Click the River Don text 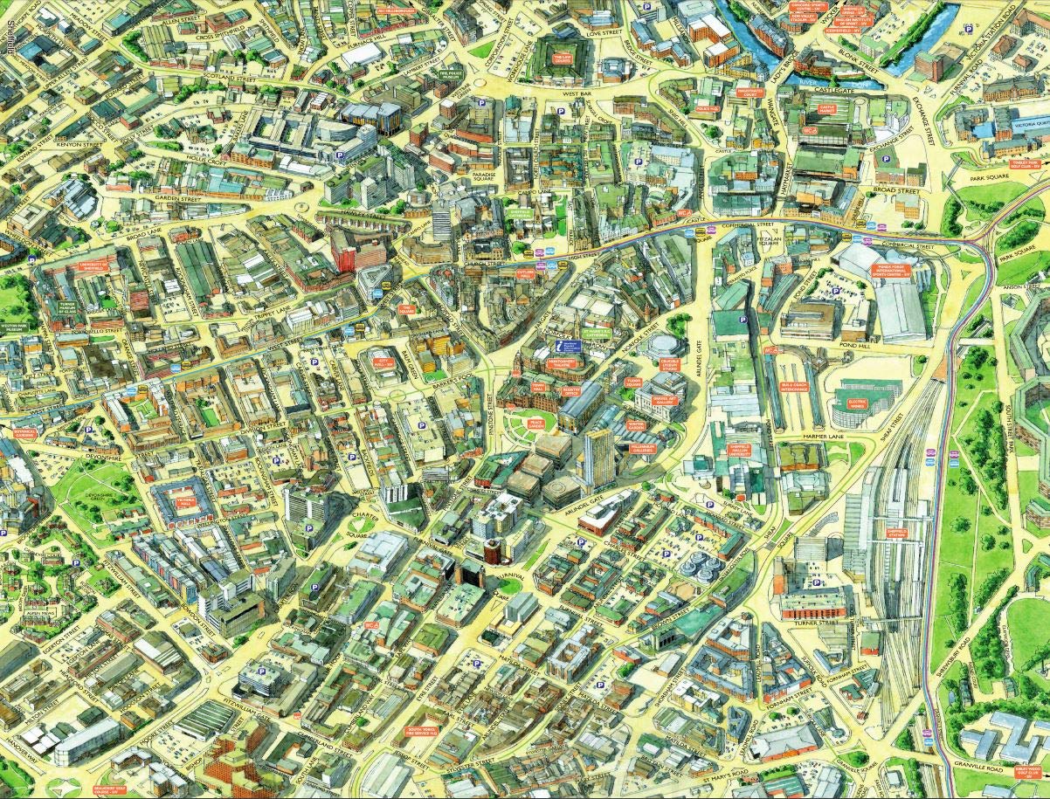816,80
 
